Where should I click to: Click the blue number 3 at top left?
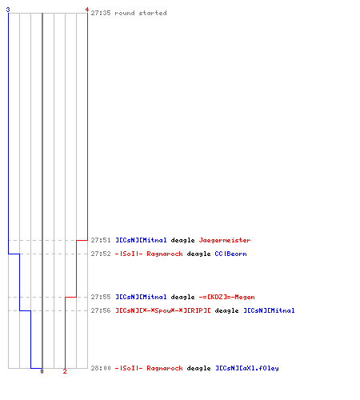[8, 10]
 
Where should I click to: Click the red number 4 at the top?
[87, 10]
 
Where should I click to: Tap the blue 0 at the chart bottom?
[42, 371]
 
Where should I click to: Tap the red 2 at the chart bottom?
[65, 371]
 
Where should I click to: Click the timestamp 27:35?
[101, 13]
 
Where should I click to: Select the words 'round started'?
[141, 13]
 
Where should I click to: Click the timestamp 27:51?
[101, 240]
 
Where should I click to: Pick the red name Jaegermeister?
[225, 240]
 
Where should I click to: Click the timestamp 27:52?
[101, 254]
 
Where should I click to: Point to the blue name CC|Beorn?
[230, 254]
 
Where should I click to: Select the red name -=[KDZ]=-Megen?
[226, 297]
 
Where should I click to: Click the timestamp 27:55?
[101, 297]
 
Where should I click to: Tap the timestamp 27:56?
[101, 310]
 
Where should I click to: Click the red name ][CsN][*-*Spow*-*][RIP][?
[163, 310]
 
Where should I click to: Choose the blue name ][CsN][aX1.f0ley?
[247, 368]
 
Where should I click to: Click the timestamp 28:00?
[101, 368]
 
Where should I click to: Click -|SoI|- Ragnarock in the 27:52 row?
[149, 254]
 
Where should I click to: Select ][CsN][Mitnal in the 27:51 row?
[141, 240]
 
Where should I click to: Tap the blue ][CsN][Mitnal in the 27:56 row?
[269, 310]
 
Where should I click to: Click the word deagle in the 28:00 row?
[198, 368]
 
